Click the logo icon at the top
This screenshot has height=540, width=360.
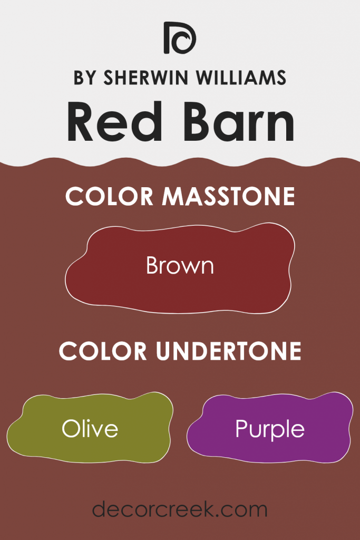[x=180, y=38]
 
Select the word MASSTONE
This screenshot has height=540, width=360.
[x=228, y=197]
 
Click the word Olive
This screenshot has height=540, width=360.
[x=90, y=429]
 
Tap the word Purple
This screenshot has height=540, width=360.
[x=270, y=429]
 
